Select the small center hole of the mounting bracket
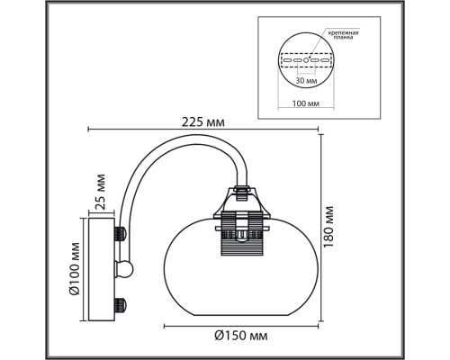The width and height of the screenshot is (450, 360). coord(309,58)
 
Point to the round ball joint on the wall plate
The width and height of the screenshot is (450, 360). coord(128,267)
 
